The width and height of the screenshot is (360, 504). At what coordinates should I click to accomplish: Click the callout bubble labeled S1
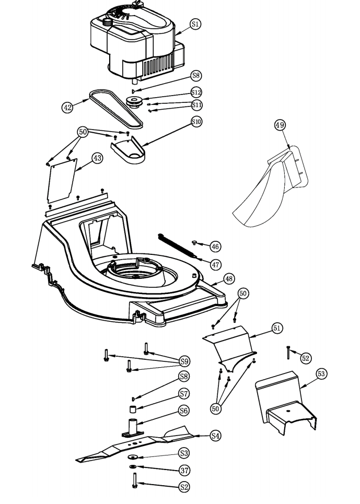point(195,24)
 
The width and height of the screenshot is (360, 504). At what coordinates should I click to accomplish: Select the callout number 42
point(67,107)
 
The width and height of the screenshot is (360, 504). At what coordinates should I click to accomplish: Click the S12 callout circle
point(196,92)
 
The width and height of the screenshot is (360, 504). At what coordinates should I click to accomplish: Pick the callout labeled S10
point(196,122)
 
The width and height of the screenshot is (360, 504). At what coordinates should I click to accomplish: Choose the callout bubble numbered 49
point(280,124)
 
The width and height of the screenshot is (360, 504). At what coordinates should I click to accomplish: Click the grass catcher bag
point(266,193)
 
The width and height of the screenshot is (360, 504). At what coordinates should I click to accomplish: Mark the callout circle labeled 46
point(215,245)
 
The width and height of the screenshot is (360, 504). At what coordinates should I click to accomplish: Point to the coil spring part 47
point(178,245)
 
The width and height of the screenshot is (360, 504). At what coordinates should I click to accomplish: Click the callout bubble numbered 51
point(277,327)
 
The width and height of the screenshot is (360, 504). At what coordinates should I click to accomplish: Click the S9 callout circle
point(184,361)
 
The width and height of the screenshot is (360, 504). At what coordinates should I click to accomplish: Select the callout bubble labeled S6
point(184,411)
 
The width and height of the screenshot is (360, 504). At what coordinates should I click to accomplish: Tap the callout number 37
point(184,470)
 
